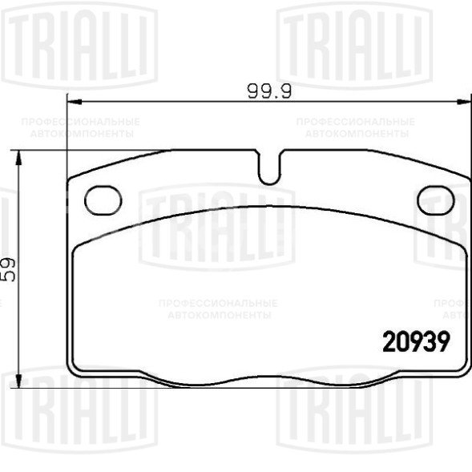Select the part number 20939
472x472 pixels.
point(414,341)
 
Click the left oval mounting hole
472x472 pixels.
point(102,200)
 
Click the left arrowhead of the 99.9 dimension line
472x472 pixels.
point(71,101)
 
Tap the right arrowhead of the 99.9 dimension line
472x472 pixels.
point(464,101)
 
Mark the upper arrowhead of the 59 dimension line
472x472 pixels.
point(20,155)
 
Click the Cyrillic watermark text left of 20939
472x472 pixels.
point(217,309)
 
